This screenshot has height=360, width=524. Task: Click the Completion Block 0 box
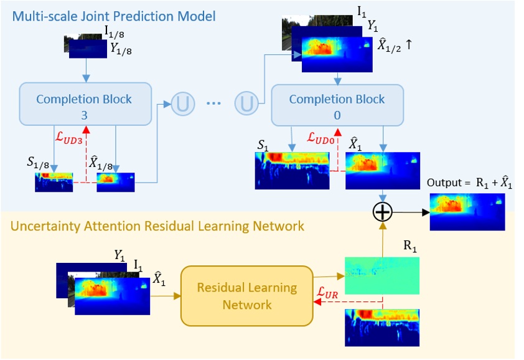(x=337, y=105)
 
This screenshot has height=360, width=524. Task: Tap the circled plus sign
(x=383, y=212)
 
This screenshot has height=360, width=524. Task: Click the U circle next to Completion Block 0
(x=246, y=103)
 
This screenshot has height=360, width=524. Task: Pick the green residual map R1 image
(x=381, y=275)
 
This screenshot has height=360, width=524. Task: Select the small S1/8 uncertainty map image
(x=54, y=181)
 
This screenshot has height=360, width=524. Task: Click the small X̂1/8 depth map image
(x=116, y=181)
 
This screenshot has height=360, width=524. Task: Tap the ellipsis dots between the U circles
(x=213, y=104)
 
